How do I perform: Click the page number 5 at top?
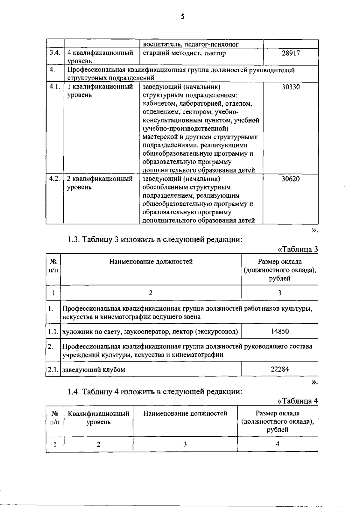click(x=183, y=17)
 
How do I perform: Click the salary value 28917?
click(x=291, y=53)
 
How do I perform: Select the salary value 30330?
click(x=291, y=87)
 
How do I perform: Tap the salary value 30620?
click(x=291, y=179)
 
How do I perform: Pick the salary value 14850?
click(x=280, y=331)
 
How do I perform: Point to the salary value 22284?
click(x=280, y=369)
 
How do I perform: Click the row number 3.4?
click(x=55, y=53)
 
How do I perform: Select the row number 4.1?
click(x=55, y=87)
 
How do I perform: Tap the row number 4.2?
click(x=55, y=179)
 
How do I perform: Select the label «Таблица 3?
click(x=298, y=249)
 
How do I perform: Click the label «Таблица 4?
click(x=298, y=401)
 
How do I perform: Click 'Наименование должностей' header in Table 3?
click(x=151, y=261)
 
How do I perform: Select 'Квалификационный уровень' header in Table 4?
click(x=98, y=418)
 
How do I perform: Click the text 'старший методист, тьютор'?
click(x=184, y=53)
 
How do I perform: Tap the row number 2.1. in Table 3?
click(x=53, y=370)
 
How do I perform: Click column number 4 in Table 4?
click(x=277, y=444)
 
